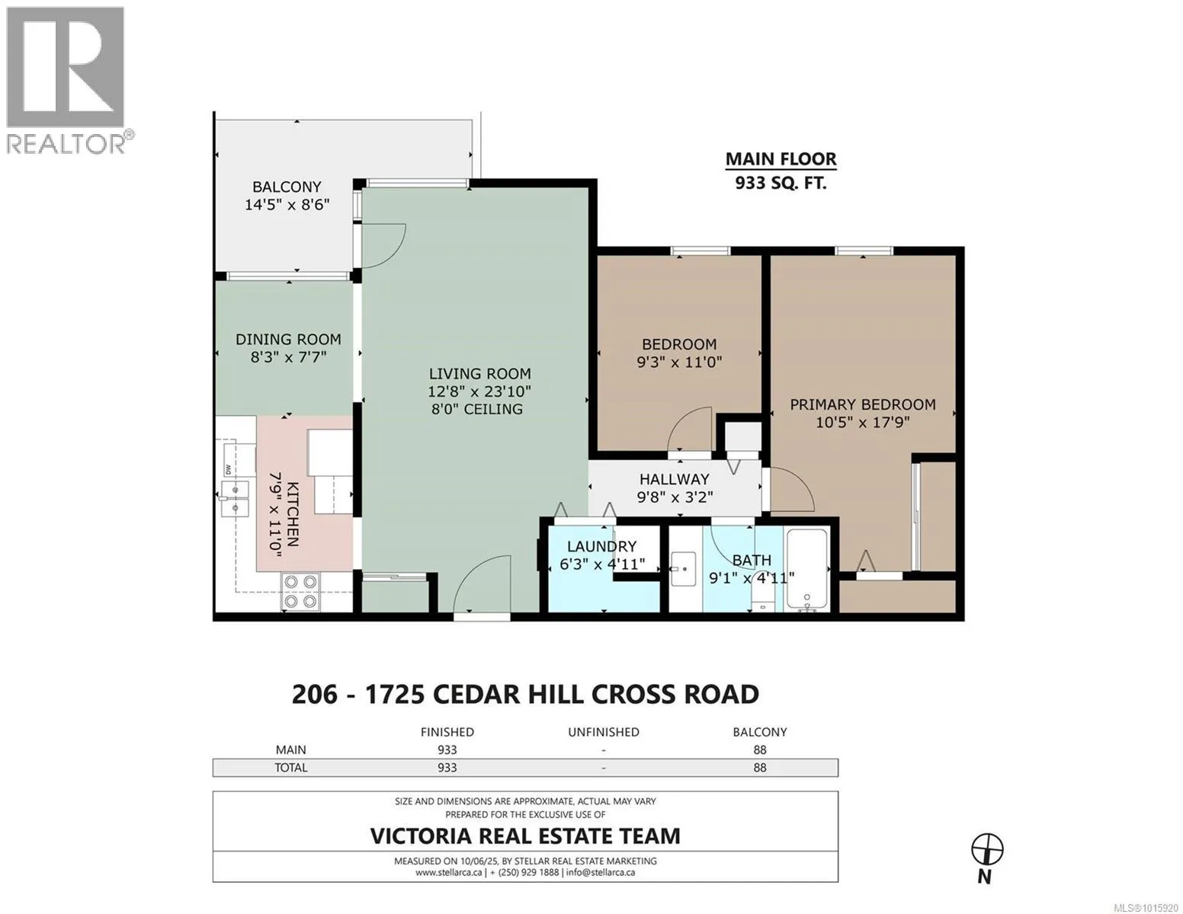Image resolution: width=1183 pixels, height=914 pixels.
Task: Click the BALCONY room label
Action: pos(287,187)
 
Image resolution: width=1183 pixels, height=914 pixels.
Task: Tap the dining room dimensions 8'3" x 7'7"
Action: pos(288,357)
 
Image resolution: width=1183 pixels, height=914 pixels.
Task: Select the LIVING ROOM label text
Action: pos(479,373)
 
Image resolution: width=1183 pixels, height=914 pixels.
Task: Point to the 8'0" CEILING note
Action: pos(477,409)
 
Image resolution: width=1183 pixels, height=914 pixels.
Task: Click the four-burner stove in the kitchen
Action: pos(300,592)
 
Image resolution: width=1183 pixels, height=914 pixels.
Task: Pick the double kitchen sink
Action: pos(236,499)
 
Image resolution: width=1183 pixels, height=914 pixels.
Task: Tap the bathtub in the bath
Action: pos(806,569)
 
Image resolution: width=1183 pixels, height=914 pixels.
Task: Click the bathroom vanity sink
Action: pos(683,569)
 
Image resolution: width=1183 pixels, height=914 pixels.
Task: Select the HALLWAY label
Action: pos(674,479)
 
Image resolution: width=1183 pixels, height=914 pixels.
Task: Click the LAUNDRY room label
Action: pos(601,546)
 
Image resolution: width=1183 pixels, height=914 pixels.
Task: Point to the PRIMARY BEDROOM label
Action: pos(862,404)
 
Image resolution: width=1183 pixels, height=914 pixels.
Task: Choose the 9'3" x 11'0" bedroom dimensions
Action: pos(679,362)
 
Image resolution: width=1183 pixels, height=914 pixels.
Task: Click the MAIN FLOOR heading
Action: pos(781,159)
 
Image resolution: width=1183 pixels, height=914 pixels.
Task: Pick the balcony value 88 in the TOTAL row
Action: pos(759,767)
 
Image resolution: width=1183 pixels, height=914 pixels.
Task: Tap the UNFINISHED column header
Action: pos(603,732)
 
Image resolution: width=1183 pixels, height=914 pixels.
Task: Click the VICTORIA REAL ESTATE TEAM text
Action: pos(525,836)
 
